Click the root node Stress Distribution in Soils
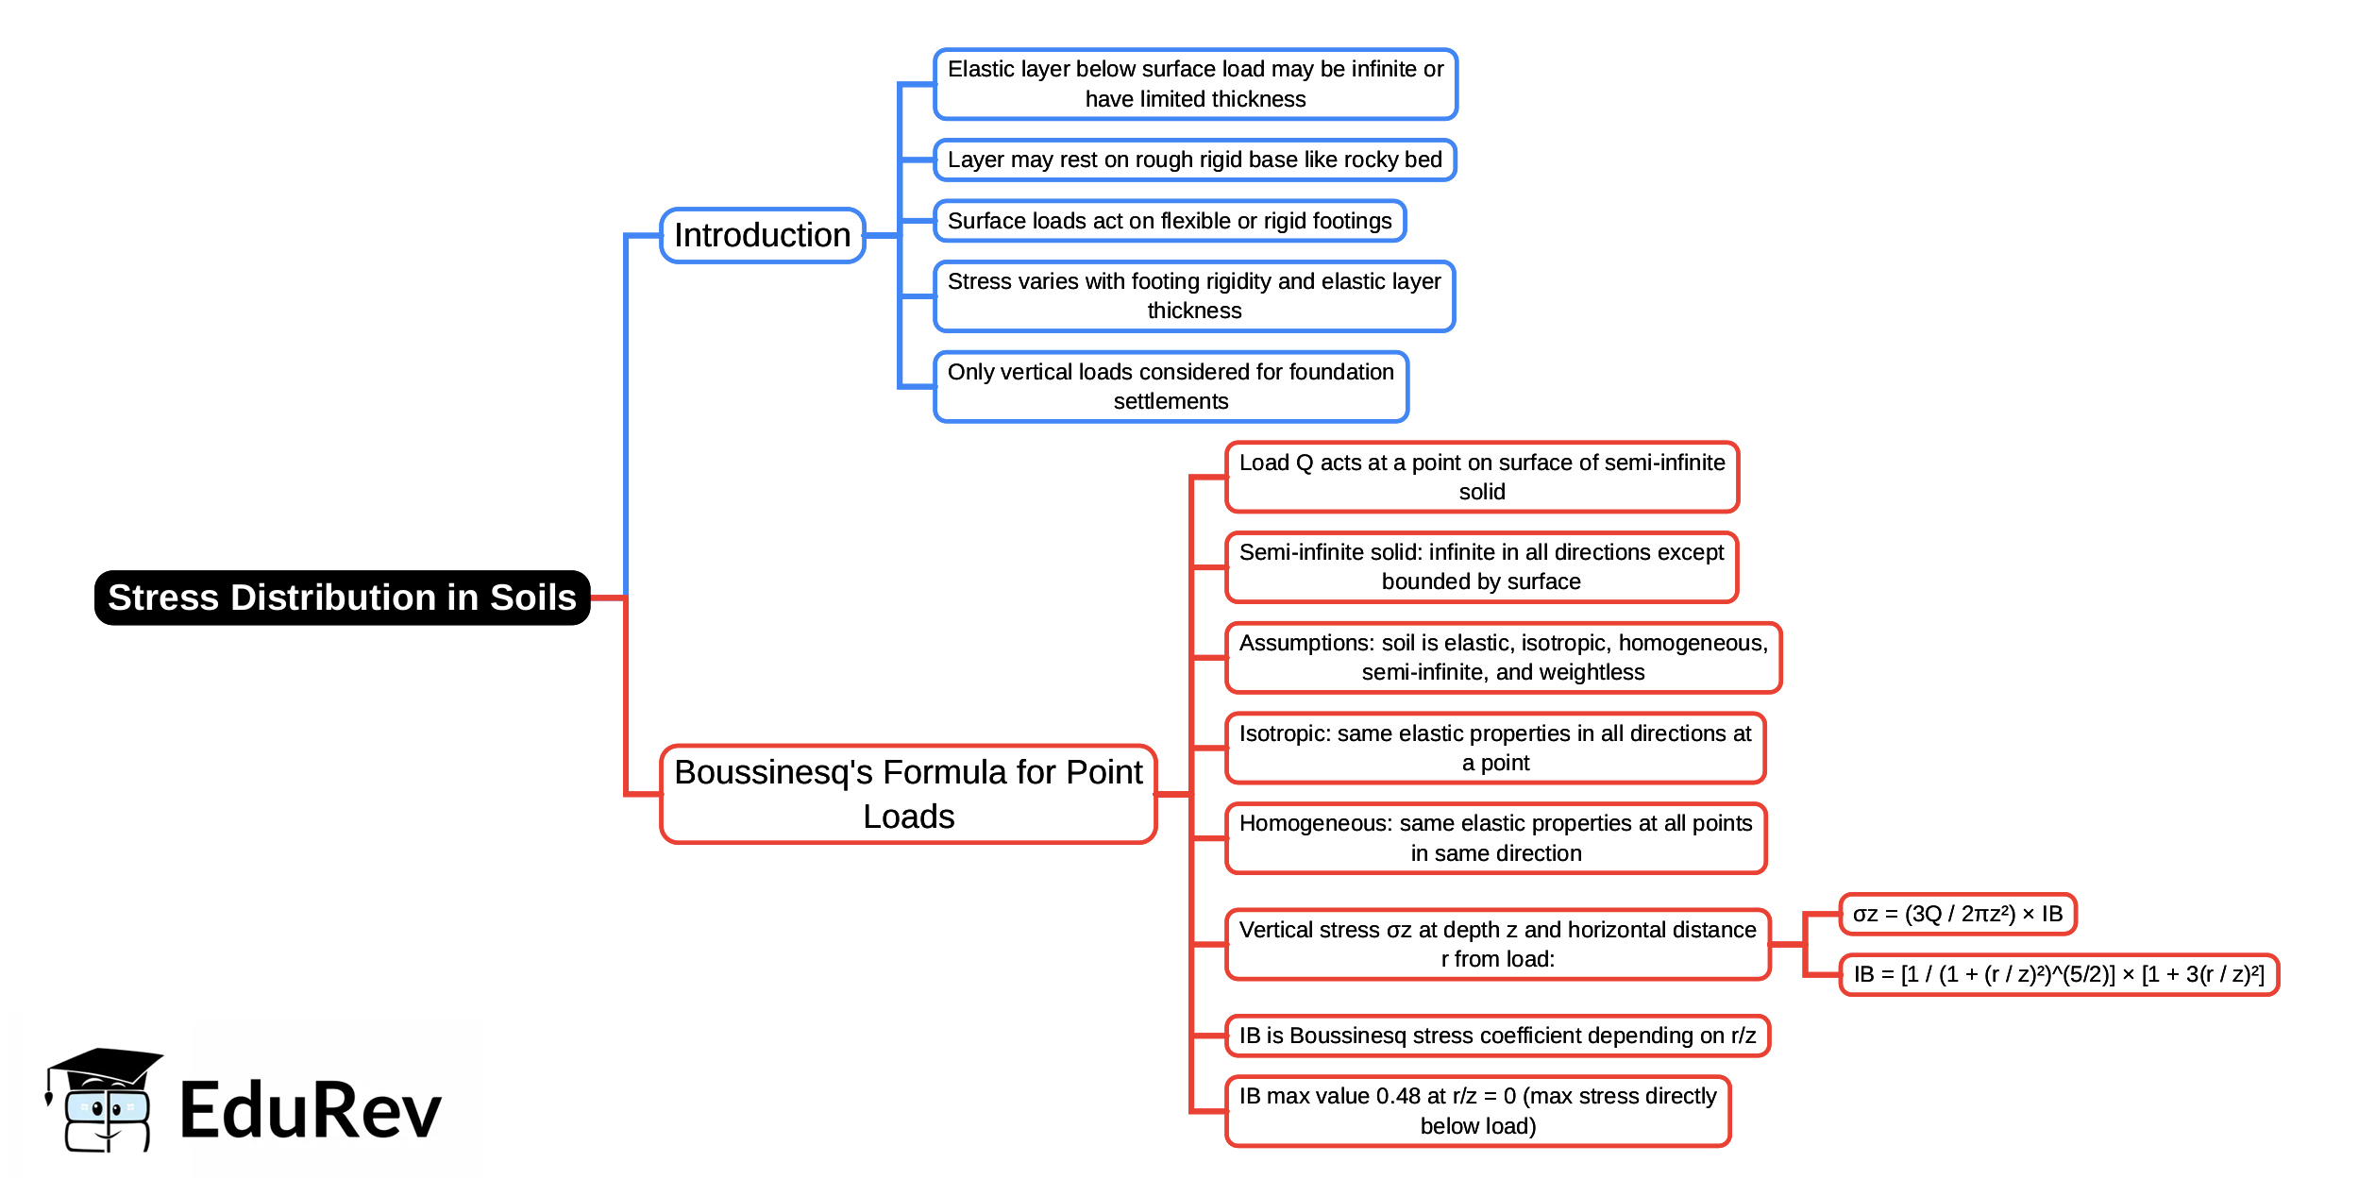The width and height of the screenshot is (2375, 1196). point(342,598)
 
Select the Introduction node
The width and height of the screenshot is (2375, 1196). point(762,235)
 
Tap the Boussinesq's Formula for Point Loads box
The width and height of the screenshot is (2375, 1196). point(908,794)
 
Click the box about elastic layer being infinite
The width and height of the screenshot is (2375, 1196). point(1195,84)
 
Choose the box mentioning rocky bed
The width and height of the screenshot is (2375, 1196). point(1194,160)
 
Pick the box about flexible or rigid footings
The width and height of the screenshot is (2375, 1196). point(1169,221)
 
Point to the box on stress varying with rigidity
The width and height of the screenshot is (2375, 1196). point(1194,295)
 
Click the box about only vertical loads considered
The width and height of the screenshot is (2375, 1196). point(1171,386)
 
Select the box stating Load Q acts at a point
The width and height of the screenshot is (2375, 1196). point(1481,477)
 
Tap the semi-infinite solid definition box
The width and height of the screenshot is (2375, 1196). point(1481,566)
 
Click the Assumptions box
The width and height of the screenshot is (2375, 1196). point(1503,657)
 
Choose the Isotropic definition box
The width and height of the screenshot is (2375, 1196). point(1495,748)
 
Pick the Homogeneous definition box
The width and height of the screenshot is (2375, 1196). point(1495,838)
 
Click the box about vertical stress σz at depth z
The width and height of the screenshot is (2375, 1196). point(1497,944)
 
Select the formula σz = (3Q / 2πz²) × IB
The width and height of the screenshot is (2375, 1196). point(1957,914)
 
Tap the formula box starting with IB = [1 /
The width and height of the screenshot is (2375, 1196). point(2058,974)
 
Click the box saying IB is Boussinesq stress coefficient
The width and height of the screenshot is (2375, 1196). point(1497,1036)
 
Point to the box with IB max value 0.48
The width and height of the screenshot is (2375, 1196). point(1477,1110)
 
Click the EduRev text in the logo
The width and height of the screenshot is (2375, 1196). point(310,1111)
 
